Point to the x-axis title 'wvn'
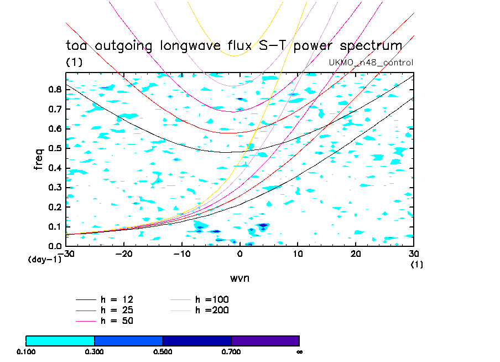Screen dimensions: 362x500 click(x=239, y=277)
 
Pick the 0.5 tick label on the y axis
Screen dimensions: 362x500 click(x=55, y=148)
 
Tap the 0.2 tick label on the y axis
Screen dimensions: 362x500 click(x=55, y=207)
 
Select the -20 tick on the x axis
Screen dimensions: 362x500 click(x=123, y=254)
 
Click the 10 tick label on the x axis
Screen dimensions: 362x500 click(x=298, y=254)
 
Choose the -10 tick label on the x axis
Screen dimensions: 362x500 click(x=181, y=254)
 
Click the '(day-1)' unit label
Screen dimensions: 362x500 click(x=44, y=259)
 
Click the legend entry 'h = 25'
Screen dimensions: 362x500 click(x=116, y=310)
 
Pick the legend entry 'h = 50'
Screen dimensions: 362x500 click(x=116, y=320)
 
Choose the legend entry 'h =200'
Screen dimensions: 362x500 click(x=212, y=310)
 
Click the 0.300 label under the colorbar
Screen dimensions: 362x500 click(x=95, y=351)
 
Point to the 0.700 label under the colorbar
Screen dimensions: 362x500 click(x=231, y=351)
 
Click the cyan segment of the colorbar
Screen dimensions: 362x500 click(x=60, y=340)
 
